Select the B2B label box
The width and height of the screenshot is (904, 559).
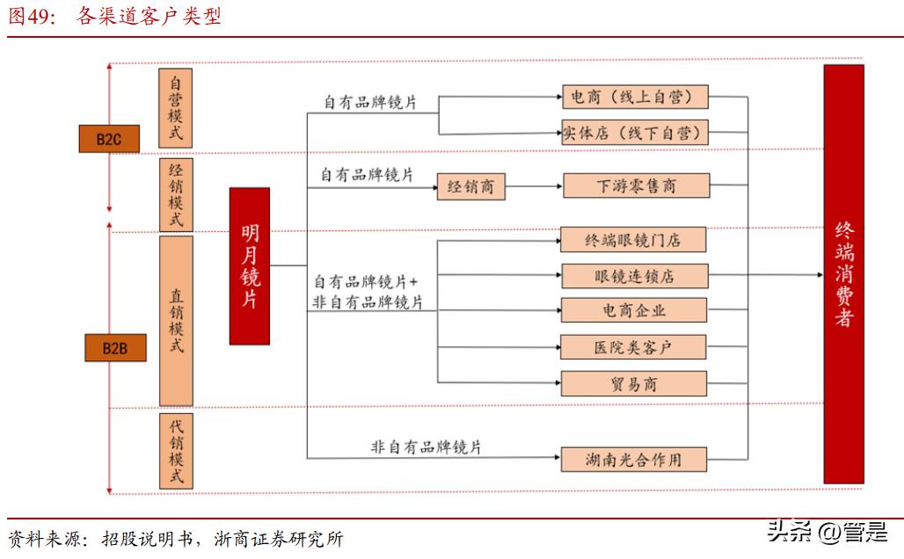(x=114, y=349)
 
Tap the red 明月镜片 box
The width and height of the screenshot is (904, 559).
(x=249, y=265)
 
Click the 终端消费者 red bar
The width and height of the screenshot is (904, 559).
(x=843, y=273)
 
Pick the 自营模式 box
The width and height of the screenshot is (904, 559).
(x=176, y=108)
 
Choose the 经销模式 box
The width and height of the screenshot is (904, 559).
(x=176, y=194)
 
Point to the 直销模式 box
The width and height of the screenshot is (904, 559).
(x=176, y=321)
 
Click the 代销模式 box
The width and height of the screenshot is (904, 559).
(x=176, y=451)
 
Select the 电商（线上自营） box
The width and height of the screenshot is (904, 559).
(x=633, y=96)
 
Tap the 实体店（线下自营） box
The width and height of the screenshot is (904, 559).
(x=633, y=134)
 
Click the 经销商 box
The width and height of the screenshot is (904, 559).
(x=470, y=187)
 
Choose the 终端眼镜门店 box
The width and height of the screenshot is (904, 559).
(x=633, y=239)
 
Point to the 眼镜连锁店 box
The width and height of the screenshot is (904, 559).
(x=633, y=276)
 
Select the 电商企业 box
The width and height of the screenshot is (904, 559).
(x=633, y=310)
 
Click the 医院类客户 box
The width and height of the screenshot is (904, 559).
(x=633, y=347)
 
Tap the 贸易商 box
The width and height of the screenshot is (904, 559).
(x=633, y=384)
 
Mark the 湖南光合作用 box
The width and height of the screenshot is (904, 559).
(x=633, y=459)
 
